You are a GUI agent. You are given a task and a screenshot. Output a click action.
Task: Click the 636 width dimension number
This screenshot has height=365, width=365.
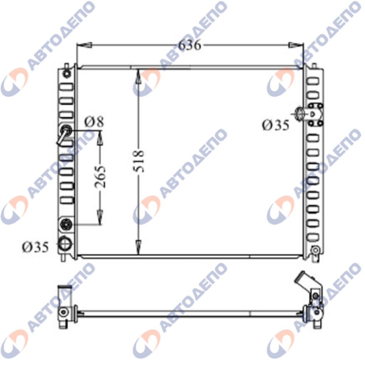(189, 45)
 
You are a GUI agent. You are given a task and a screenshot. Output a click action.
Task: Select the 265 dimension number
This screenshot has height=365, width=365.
(100, 177)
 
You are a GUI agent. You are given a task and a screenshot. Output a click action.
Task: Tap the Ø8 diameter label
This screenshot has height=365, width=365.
(94, 122)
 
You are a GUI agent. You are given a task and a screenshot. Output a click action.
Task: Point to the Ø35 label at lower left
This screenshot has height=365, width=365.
(35, 247)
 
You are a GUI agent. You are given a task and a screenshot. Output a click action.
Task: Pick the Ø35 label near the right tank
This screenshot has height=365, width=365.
(276, 125)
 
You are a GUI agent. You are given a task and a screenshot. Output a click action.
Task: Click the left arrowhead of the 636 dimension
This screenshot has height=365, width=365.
(84, 45)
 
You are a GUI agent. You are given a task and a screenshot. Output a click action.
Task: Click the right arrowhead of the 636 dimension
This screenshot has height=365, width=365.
(296, 45)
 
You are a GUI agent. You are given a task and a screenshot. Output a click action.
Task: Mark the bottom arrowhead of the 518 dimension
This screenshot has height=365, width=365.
(138, 247)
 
